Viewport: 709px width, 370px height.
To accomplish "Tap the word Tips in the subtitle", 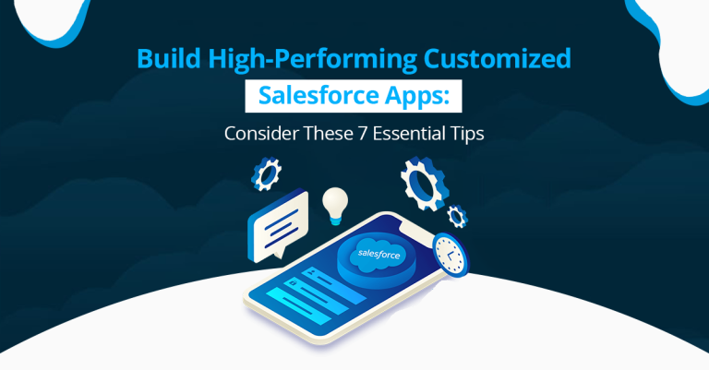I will click(x=467, y=132).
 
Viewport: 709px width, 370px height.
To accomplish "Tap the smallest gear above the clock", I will click(x=455, y=216).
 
